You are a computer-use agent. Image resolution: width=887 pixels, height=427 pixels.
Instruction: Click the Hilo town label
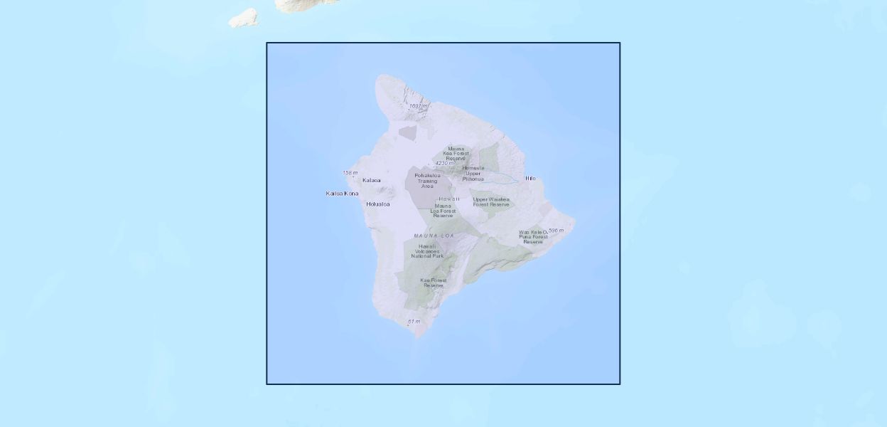point(530,178)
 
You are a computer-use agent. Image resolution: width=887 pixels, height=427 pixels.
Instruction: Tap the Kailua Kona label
point(342,194)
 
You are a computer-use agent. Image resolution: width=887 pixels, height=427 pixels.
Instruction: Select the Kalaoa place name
point(371,181)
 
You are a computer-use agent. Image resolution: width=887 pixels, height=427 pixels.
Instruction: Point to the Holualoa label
point(377,204)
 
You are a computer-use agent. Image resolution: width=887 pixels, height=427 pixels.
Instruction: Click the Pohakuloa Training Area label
point(427,180)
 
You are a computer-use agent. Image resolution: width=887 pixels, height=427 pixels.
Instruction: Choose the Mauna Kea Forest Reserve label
point(456,153)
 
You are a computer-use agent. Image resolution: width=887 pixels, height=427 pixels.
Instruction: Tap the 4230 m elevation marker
point(445,163)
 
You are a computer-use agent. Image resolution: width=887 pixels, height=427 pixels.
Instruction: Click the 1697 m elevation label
point(419,106)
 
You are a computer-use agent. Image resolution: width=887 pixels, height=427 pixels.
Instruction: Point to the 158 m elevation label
point(350,173)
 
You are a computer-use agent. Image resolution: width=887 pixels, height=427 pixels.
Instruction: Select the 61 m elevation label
point(414,322)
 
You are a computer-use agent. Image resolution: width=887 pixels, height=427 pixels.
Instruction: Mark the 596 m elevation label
point(556,231)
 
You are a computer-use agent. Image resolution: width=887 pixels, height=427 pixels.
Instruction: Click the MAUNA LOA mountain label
point(434,236)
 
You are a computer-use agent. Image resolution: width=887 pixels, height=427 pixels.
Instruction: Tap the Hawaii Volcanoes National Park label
point(427,251)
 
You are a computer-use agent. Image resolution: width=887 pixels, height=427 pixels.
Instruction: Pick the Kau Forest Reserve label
point(434,283)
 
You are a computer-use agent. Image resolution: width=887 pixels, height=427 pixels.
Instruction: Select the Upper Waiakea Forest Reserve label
point(491,201)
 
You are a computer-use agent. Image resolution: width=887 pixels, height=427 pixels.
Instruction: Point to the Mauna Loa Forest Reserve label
point(443,211)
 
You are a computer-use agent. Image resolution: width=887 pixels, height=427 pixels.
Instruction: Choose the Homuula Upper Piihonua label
point(473,173)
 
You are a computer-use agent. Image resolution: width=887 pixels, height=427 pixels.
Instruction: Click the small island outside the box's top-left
point(244,18)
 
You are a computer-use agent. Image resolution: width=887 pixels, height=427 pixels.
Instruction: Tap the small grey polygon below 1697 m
point(407,132)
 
